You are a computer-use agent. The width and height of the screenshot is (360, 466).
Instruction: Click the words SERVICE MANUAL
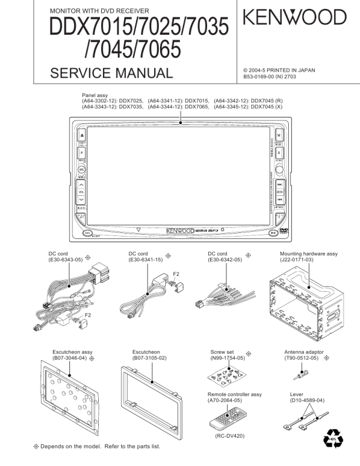[111, 74]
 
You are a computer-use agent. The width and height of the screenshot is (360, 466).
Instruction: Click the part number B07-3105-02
[150, 358]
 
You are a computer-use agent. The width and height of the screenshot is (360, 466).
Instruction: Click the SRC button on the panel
[82, 169]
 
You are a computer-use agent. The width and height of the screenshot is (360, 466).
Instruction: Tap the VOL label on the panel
[82, 192]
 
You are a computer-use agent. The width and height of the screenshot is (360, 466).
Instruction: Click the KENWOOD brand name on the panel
[176, 230]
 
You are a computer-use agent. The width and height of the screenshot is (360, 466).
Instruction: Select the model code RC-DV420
[229, 435]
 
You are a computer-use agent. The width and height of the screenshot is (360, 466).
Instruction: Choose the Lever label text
[297, 394]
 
